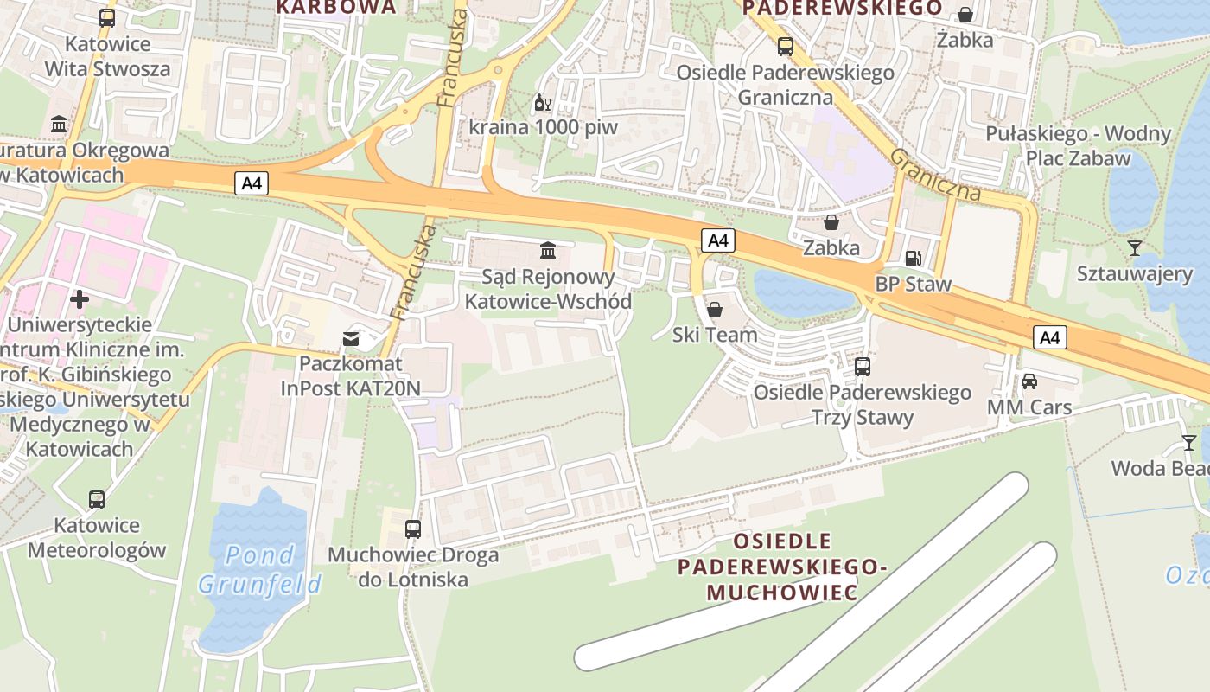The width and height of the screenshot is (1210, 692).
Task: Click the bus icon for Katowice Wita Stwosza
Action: (x=107, y=17)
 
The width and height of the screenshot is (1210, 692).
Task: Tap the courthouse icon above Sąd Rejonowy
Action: (x=548, y=251)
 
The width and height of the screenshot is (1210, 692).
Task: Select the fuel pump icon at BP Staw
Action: (x=913, y=258)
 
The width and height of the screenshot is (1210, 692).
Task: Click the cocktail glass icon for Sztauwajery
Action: (x=1135, y=248)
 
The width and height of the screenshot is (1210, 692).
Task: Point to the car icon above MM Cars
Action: (x=1029, y=381)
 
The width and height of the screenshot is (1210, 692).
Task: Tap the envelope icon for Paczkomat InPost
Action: (x=351, y=338)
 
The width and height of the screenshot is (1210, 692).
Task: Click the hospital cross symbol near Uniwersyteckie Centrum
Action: (x=80, y=299)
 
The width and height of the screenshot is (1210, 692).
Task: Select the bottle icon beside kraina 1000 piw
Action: (x=542, y=103)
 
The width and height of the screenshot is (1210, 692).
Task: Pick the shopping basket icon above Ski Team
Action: (x=715, y=309)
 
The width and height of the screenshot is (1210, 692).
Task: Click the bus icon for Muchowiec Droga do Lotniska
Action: (x=413, y=529)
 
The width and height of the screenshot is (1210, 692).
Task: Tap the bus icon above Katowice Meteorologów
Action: (x=97, y=499)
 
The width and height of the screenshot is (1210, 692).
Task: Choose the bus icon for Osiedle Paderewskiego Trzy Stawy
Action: (x=863, y=366)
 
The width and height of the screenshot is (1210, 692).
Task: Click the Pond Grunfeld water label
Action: (x=259, y=569)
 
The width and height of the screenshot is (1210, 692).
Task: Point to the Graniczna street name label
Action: (x=935, y=175)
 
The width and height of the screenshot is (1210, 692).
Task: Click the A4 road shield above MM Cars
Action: (x=1049, y=337)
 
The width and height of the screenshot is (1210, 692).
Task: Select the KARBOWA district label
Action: (x=336, y=8)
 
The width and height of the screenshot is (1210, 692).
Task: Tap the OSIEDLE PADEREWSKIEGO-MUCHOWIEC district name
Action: (x=782, y=567)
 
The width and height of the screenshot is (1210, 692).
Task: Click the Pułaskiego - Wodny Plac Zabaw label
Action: (x=1078, y=145)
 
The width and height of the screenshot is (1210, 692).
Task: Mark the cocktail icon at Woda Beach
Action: (x=1190, y=443)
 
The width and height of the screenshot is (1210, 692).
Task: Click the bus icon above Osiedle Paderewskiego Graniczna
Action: (x=785, y=47)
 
